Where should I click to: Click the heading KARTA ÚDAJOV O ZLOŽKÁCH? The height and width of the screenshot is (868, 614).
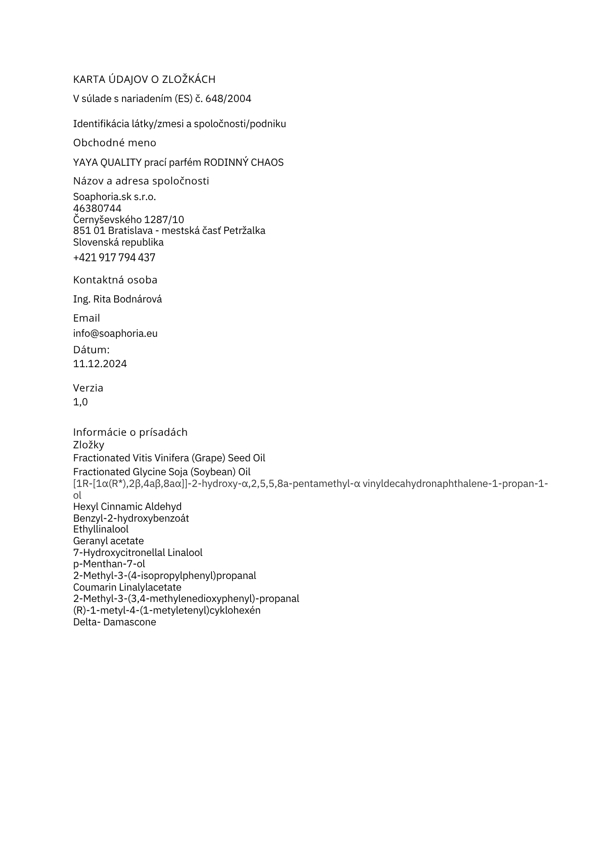pos(144,79)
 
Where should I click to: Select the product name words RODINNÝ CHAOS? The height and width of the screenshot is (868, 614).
pos(244,162)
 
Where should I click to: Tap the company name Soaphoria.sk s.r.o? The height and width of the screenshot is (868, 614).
pos(114,197)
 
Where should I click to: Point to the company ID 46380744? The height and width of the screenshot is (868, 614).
pos(97,208)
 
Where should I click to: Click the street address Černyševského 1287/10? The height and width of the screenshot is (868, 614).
pos(129,220)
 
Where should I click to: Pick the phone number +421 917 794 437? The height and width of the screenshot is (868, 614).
pos(114,258)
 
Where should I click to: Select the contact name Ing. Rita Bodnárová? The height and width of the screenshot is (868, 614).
pos(117,299)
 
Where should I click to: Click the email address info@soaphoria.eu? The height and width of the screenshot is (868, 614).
pos(115,333)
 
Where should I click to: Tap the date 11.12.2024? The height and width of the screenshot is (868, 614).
pos(100,364)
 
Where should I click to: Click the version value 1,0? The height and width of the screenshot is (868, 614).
pos(80,402)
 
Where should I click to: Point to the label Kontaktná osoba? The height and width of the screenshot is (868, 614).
pos(115,280)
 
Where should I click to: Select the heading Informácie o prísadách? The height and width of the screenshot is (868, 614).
pos(130,432)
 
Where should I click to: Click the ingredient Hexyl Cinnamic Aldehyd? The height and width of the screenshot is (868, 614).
pos(127,507)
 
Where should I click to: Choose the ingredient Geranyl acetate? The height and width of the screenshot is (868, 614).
pos(108,541)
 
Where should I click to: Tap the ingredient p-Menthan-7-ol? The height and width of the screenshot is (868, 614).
pos(109,564)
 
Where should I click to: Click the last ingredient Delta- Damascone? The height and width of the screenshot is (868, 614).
pos(115,622)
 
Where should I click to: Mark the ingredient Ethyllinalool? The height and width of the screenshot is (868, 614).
pos(101,529)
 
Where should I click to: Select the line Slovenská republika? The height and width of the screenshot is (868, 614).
pos(118,242)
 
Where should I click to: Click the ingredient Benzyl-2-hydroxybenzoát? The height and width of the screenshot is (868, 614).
pos(131,518)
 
